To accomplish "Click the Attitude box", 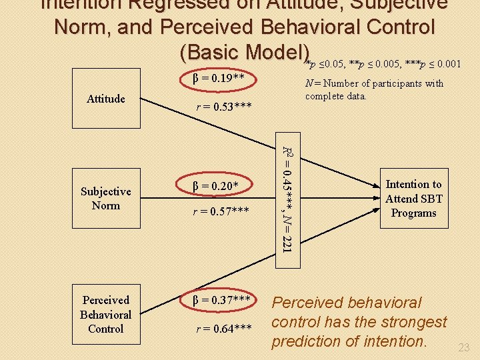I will pos(106,99).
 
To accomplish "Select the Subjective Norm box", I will pos(106,198).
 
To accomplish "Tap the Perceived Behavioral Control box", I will pos(106,314).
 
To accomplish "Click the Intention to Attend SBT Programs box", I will pos(413,199).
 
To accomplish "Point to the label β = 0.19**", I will pos(217,79).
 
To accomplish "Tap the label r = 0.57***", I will pos(221,212).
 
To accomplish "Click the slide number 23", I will pos(464,347).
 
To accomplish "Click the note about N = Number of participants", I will pos(373,89).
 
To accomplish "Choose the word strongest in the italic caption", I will pos(413,322).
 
